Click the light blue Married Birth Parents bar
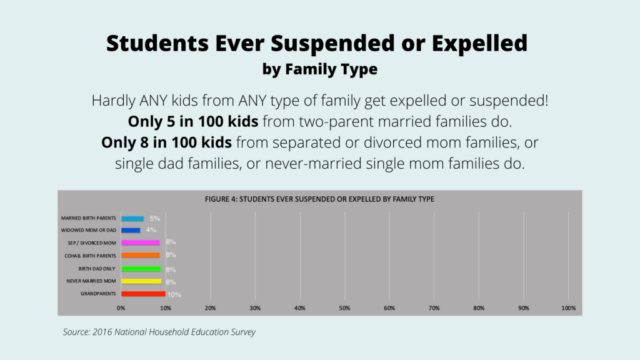[132, 219]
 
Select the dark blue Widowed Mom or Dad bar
[131, 230]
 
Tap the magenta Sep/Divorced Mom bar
[141, 242]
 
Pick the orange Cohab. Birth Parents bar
[141, 255]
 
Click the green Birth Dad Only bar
[141, 269]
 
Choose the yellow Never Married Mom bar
[141, 281]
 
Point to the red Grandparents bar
[143, 294]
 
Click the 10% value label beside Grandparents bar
[174, 294]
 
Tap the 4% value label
[151, 230]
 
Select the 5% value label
[155, 219]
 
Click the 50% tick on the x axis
[344, 308]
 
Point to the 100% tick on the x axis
[568, 308]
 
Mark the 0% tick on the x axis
[121, 308]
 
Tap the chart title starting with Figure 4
[319, 199]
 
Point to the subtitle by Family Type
[319, 69]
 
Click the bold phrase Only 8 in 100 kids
[166, 142]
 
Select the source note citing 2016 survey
[159, 332]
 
